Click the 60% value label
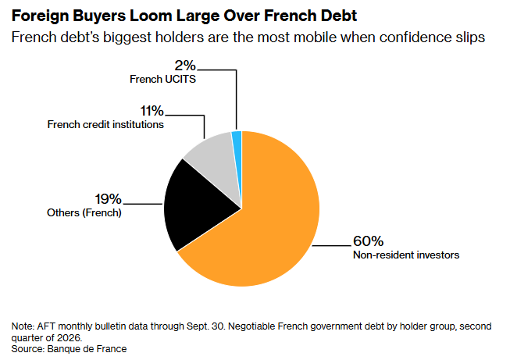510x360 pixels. click(368, 241)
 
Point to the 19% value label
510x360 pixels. click(108, 199)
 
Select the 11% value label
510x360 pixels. click(152, 111)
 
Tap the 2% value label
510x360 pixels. click(185, 66)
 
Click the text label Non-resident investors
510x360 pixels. click(406, 255)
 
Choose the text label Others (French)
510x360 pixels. click(84, 212)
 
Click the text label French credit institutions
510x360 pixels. click(105, 124)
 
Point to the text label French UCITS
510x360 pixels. click(162, 79)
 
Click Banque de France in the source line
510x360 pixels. click(87, 349)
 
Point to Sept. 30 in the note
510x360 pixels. click(205, 326)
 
